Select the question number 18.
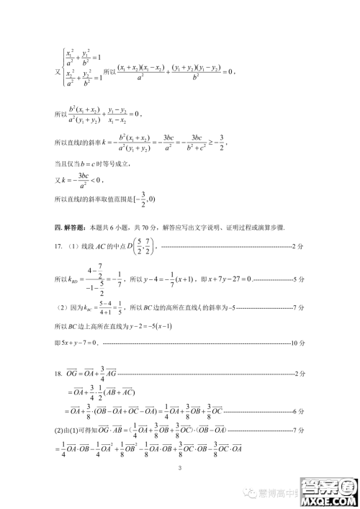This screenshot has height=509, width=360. (58, 374)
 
